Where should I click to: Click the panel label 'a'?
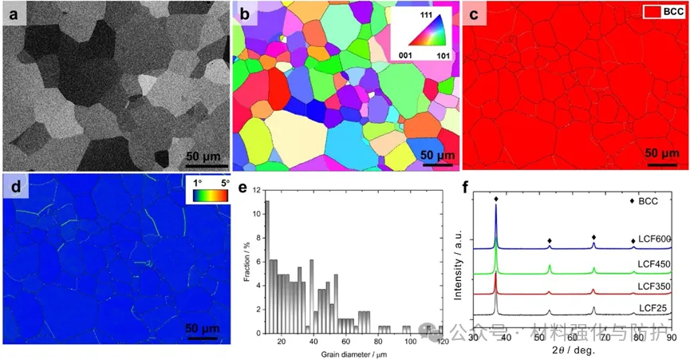(13, 14)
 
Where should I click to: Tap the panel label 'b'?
(243, 14)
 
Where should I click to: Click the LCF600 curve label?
(653, 239)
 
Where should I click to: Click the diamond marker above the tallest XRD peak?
(496, 200)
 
